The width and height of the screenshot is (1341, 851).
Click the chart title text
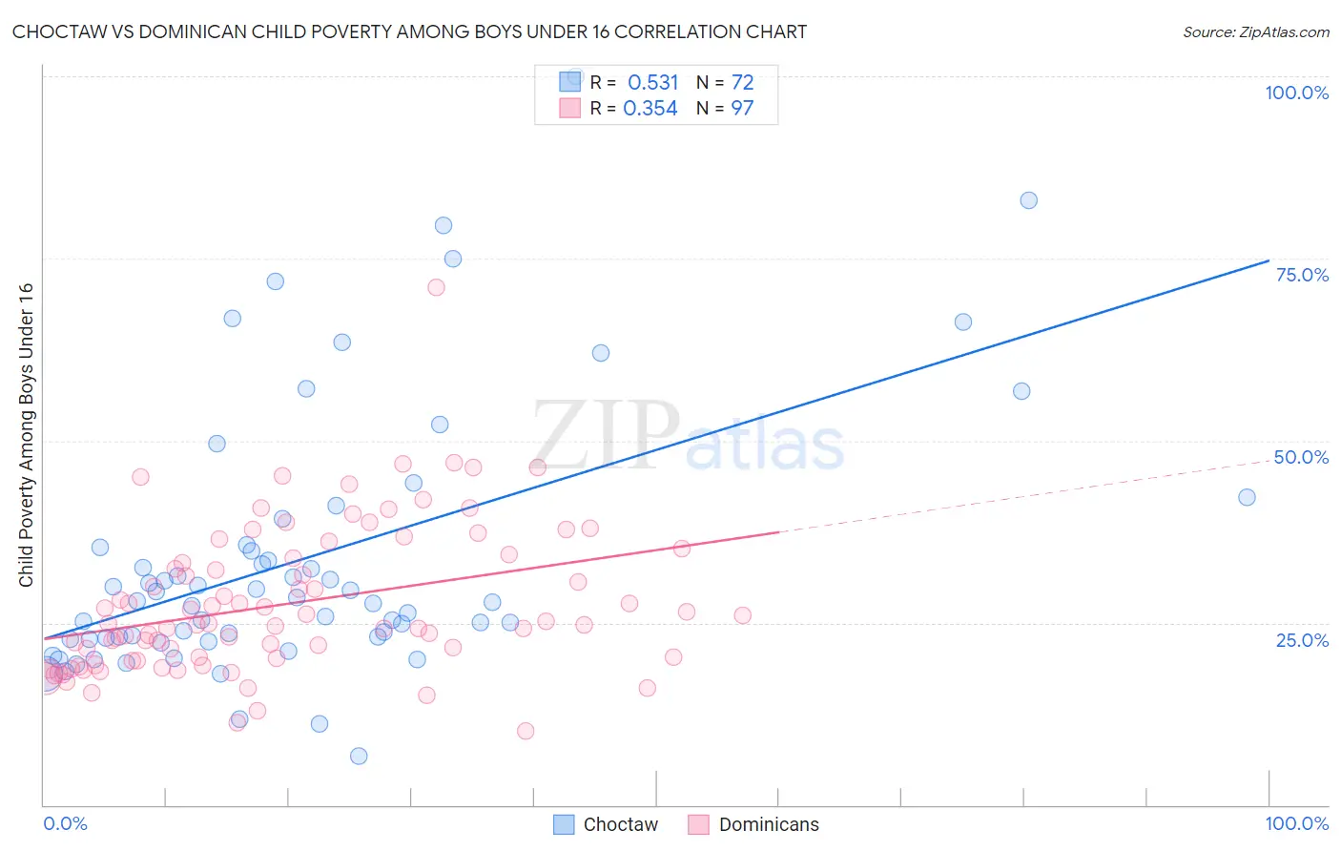click(409, 31)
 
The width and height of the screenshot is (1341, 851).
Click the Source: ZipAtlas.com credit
click(1255, 31)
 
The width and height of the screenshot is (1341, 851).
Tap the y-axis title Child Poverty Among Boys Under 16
click(26, 435)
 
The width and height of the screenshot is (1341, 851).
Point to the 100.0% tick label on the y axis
click(1296, 93)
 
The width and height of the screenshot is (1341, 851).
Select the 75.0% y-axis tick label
click(1302, 275)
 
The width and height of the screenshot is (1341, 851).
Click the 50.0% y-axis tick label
click(1301, 457)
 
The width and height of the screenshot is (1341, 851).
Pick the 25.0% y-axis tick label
click(1302, 640)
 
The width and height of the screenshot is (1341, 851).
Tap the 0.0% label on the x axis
click(65, 823)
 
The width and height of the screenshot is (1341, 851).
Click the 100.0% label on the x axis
click(1296, 823)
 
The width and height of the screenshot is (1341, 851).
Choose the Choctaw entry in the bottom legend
click(620, 824)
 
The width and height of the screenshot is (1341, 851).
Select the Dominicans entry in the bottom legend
click(768, 824)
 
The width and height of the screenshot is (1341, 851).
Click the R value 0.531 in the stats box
click(652, 82)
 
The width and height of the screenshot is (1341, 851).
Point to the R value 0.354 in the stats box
click(650, 108)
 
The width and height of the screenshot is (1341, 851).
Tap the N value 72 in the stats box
click(742, 82)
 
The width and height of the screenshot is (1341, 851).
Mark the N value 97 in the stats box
click(742, 108)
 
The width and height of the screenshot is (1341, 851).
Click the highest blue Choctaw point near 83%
click(1028, 200)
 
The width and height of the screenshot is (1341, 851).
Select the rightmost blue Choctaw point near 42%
click(1247, 497)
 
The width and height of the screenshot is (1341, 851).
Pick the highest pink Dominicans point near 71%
click(436, 287)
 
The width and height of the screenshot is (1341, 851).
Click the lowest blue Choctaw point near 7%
click(359, 756)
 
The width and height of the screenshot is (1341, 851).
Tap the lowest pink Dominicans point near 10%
click(526, 731)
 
